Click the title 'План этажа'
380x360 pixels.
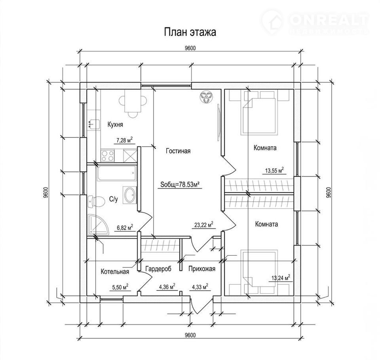tap(190, 32)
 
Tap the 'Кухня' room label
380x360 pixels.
tap(115, 125)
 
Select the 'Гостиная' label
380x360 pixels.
tap(178, 151)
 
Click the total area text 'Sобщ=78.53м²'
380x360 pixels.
tap(180, 185)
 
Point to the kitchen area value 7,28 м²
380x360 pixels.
tap(124, 140)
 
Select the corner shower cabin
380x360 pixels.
tap(98, 224)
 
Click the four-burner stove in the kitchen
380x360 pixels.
tap(108, 156)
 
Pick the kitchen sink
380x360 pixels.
tap(94, 124)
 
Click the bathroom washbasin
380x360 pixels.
tap(130, 195)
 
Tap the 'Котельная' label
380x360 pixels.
tap(115, 271)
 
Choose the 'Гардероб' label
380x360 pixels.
tap(158, 269)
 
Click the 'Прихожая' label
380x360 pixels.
tap(202, 269)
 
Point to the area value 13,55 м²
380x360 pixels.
tap(274, 171)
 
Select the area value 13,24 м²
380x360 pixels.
tap(281, 278)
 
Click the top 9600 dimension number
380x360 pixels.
tap(190, 48)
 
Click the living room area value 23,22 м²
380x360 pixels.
tap(204, 225)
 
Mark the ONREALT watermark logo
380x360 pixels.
tap(315, 22)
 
